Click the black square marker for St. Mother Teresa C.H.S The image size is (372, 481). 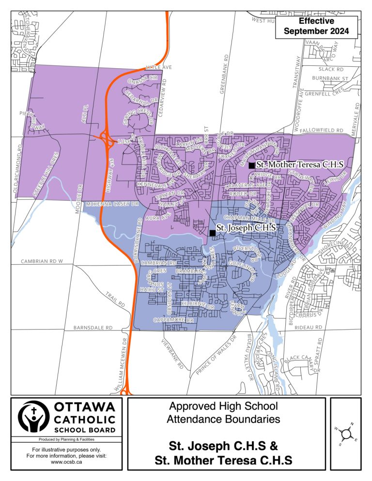click(x=251, y=165)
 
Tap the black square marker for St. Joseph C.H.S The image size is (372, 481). click(x=212, y=233)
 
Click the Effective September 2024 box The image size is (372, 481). click(x=316, y=27)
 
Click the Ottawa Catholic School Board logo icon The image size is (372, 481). click(x=33, y=416)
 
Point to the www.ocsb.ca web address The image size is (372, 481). click(x=66, y=462)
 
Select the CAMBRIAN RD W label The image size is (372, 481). click(x=42, y=261)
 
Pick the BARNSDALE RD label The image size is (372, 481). click(x=93, y=328)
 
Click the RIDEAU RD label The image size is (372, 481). click(x=309, y=328)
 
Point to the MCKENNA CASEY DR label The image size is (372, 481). click(x=112, y=205)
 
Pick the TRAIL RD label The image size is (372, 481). click(x=115, y=300)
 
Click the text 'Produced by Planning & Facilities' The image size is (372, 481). click(x=66, y=440)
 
